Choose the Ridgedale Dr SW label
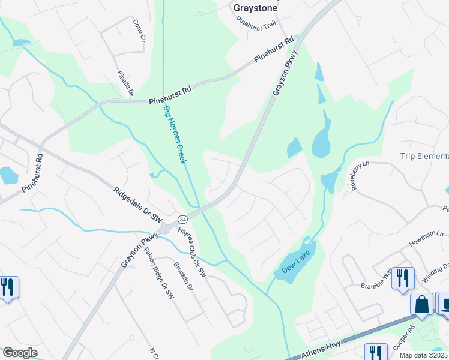(x=138, y=205)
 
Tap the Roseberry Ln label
(x=358, y=176)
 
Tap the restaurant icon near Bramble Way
(x=403, y=278)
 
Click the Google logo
(x=19, y=352)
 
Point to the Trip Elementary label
(x=424, y=157)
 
